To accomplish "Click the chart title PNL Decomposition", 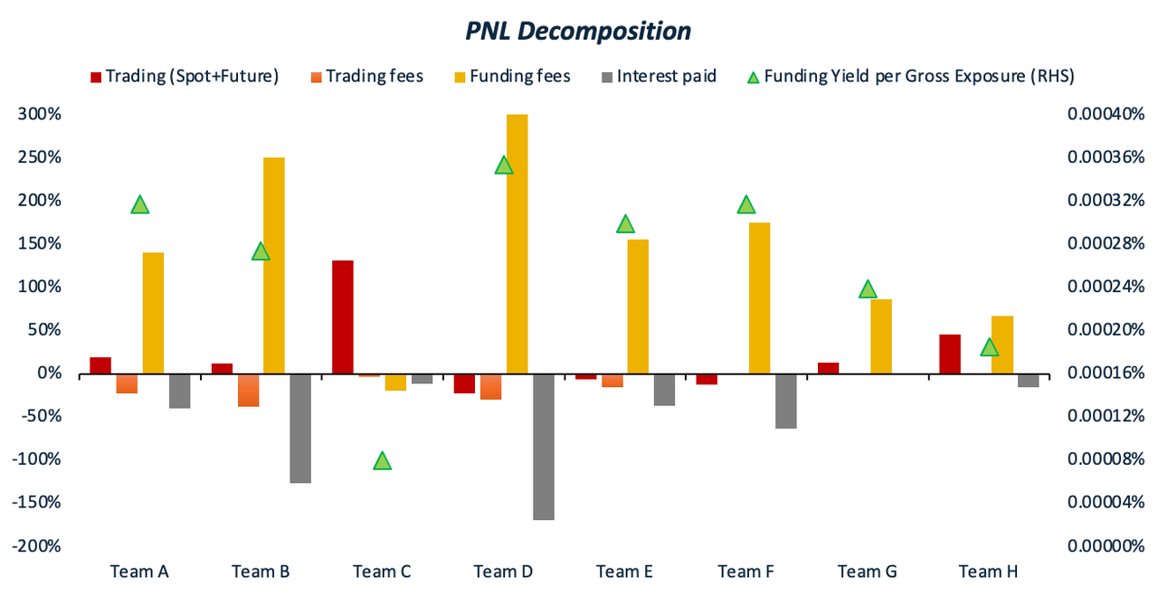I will (578, 32).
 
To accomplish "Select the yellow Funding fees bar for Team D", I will (517, 243).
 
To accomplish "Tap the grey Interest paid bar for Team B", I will (300, 428).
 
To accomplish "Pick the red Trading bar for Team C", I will (343, 316).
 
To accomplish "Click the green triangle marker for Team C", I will (382, 461).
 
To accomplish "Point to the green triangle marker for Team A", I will (139, 204).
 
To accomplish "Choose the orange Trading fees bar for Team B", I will (248, 390).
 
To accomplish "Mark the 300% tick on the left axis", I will (41, 115).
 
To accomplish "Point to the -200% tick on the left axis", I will (38, 546).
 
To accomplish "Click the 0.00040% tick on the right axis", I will (1106, 115).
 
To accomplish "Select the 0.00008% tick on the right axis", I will (1106, 459).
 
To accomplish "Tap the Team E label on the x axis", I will (624, 571).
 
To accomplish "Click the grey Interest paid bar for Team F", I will (785, 401).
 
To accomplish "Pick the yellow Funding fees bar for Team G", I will (881, 336).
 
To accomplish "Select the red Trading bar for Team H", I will (950, 354).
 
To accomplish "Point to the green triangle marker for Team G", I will (868, 289).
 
